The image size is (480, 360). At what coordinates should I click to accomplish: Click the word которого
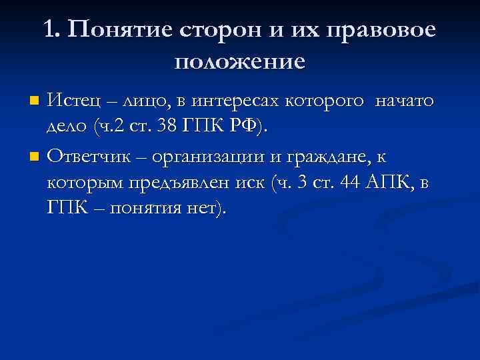325,101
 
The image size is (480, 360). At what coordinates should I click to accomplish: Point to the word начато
404,101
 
